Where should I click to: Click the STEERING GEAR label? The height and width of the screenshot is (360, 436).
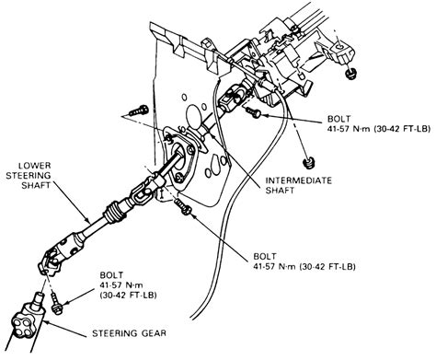129,333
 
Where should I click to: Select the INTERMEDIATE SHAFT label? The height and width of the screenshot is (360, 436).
298,185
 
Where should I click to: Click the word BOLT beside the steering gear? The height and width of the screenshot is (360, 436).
111,275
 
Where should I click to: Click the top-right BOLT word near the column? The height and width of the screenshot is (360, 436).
338,119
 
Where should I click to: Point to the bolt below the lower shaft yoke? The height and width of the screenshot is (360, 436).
56,303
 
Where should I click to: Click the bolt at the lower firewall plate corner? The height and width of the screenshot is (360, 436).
183,206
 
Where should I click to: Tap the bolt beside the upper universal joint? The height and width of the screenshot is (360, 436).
253,112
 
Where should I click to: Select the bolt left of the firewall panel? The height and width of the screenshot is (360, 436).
138,110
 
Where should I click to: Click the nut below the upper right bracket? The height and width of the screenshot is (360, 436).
350,73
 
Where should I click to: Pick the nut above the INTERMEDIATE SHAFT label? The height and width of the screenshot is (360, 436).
308,163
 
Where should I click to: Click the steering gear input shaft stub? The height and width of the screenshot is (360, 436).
39,299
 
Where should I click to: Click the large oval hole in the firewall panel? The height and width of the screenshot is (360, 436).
193,115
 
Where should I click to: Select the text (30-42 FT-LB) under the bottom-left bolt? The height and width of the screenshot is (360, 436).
129,296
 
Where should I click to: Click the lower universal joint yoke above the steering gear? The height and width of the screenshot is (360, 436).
50,263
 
